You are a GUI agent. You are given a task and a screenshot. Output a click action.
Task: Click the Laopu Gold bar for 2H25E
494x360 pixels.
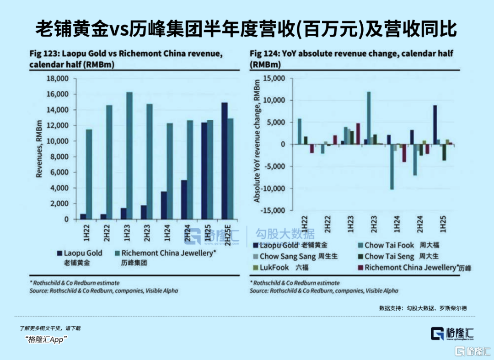(225, 161)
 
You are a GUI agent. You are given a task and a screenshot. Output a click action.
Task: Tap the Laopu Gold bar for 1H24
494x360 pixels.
(164, 205)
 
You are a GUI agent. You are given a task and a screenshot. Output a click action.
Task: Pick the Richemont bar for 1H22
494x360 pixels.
(89, 174)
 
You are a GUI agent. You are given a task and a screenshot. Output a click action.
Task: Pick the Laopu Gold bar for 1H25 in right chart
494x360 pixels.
(435, 125)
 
